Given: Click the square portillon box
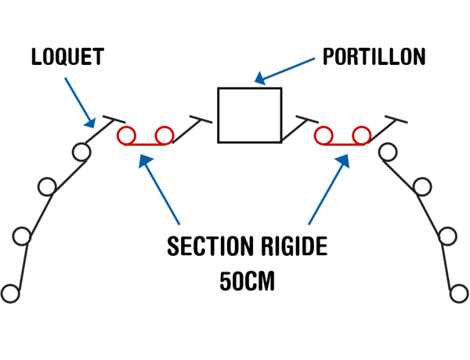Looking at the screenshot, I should [249, 115].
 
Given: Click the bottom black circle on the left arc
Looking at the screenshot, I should [9, 293].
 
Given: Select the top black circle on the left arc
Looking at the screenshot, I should [80, 150].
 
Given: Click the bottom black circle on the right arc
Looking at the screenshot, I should [459, 293].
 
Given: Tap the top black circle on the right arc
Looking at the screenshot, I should [387, 151].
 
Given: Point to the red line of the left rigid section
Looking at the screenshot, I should [145, 145].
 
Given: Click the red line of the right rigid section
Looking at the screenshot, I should [342, 145].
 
